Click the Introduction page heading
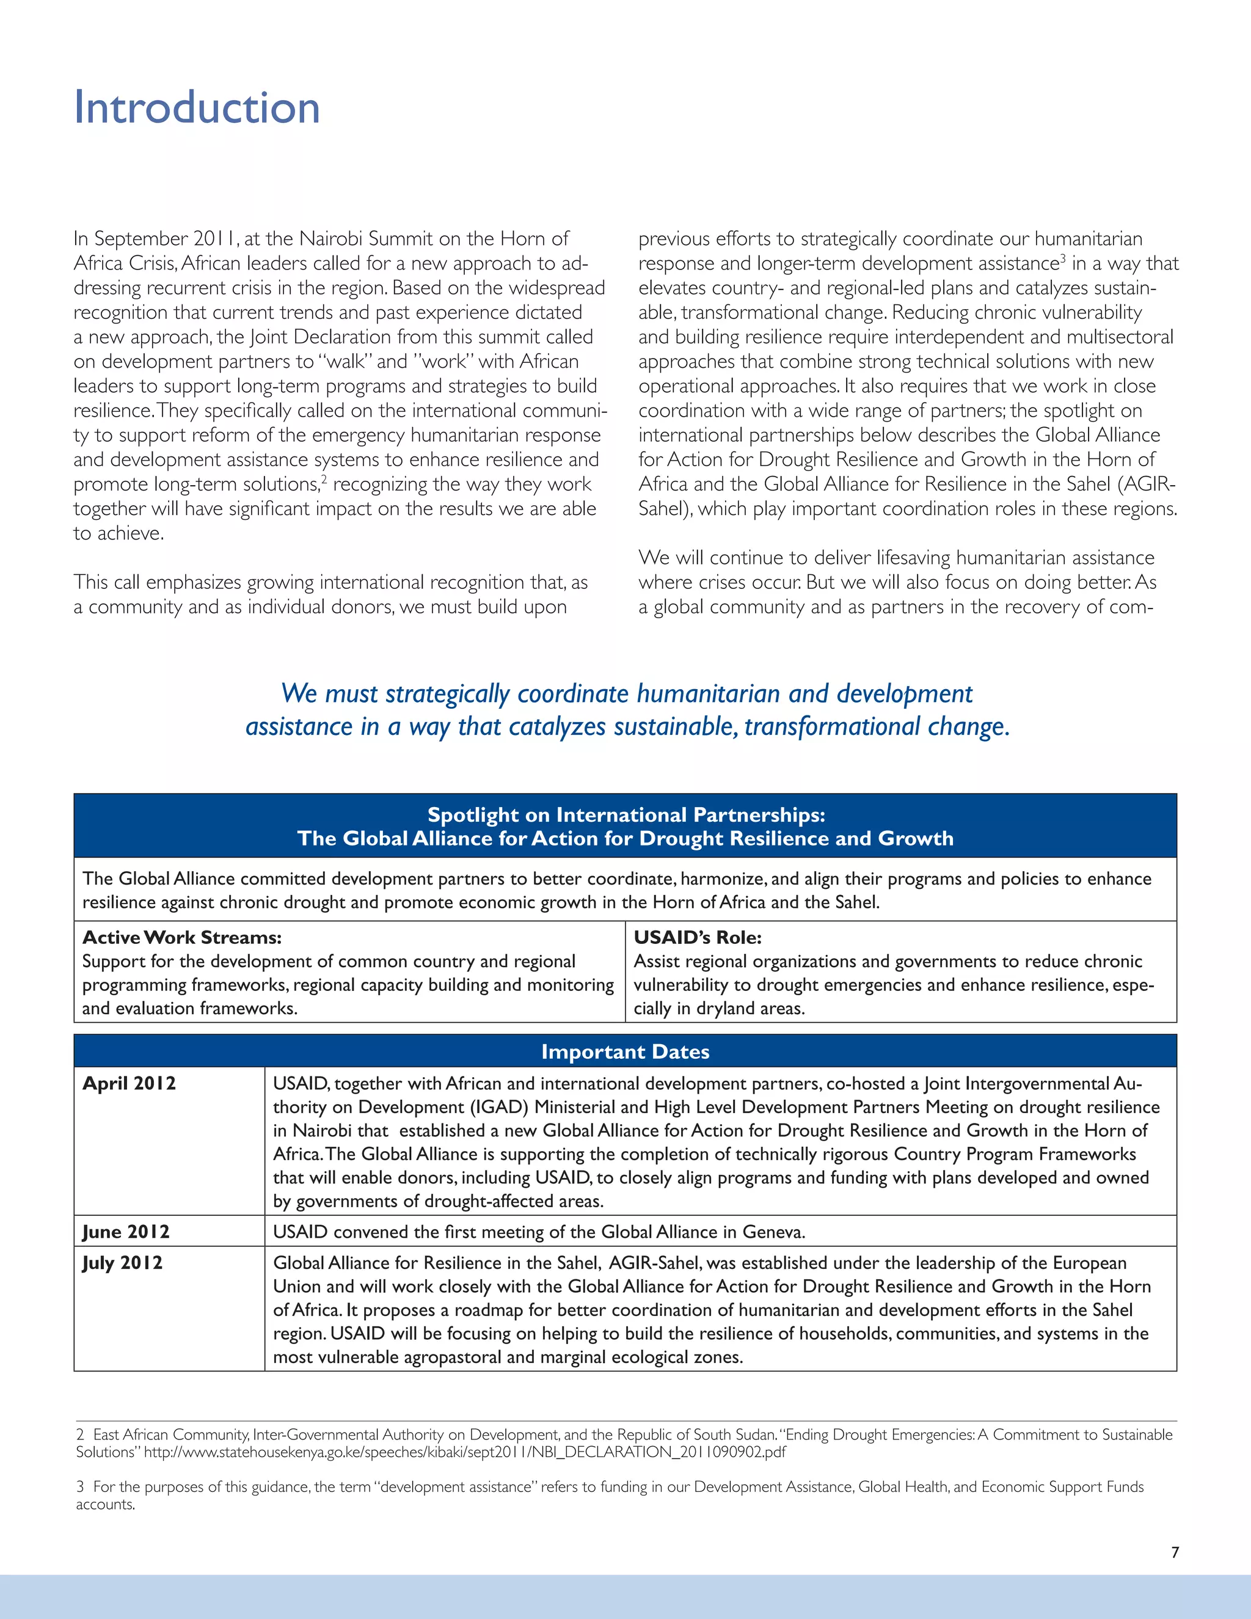(197, 108)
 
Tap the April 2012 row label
(129, 1083)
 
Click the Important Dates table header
(625, 1051)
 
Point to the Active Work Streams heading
(181, 937)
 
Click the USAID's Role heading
(698, 937)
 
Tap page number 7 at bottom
(1175, 1552)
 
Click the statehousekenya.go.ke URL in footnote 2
(465, 1452)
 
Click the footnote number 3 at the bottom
(80, 1487)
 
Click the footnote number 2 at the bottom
(80, 1435)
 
